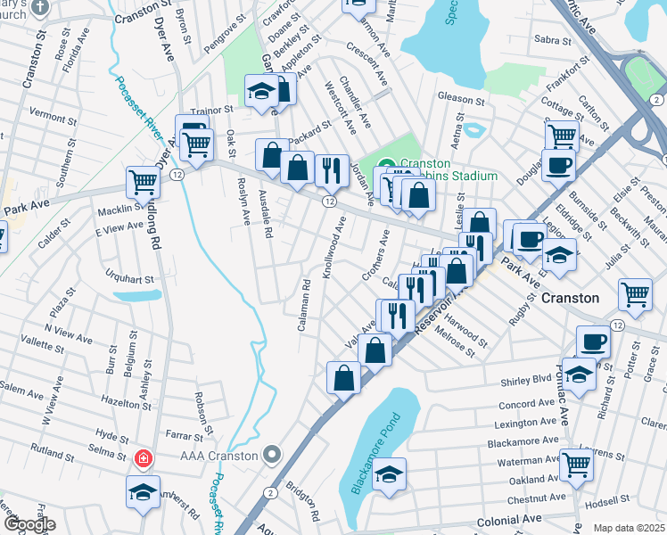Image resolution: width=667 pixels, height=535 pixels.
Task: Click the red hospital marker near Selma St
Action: point(142,458)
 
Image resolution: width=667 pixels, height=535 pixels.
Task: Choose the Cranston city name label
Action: point(571,298)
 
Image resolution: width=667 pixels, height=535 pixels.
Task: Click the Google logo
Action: point(29,524)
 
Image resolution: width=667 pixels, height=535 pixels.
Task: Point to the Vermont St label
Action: point(54,114)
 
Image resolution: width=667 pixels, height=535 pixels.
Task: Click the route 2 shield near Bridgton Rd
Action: point(269,492)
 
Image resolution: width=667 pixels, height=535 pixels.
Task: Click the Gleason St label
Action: point(460,97)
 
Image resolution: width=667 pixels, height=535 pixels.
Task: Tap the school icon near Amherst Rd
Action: point(143,494)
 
